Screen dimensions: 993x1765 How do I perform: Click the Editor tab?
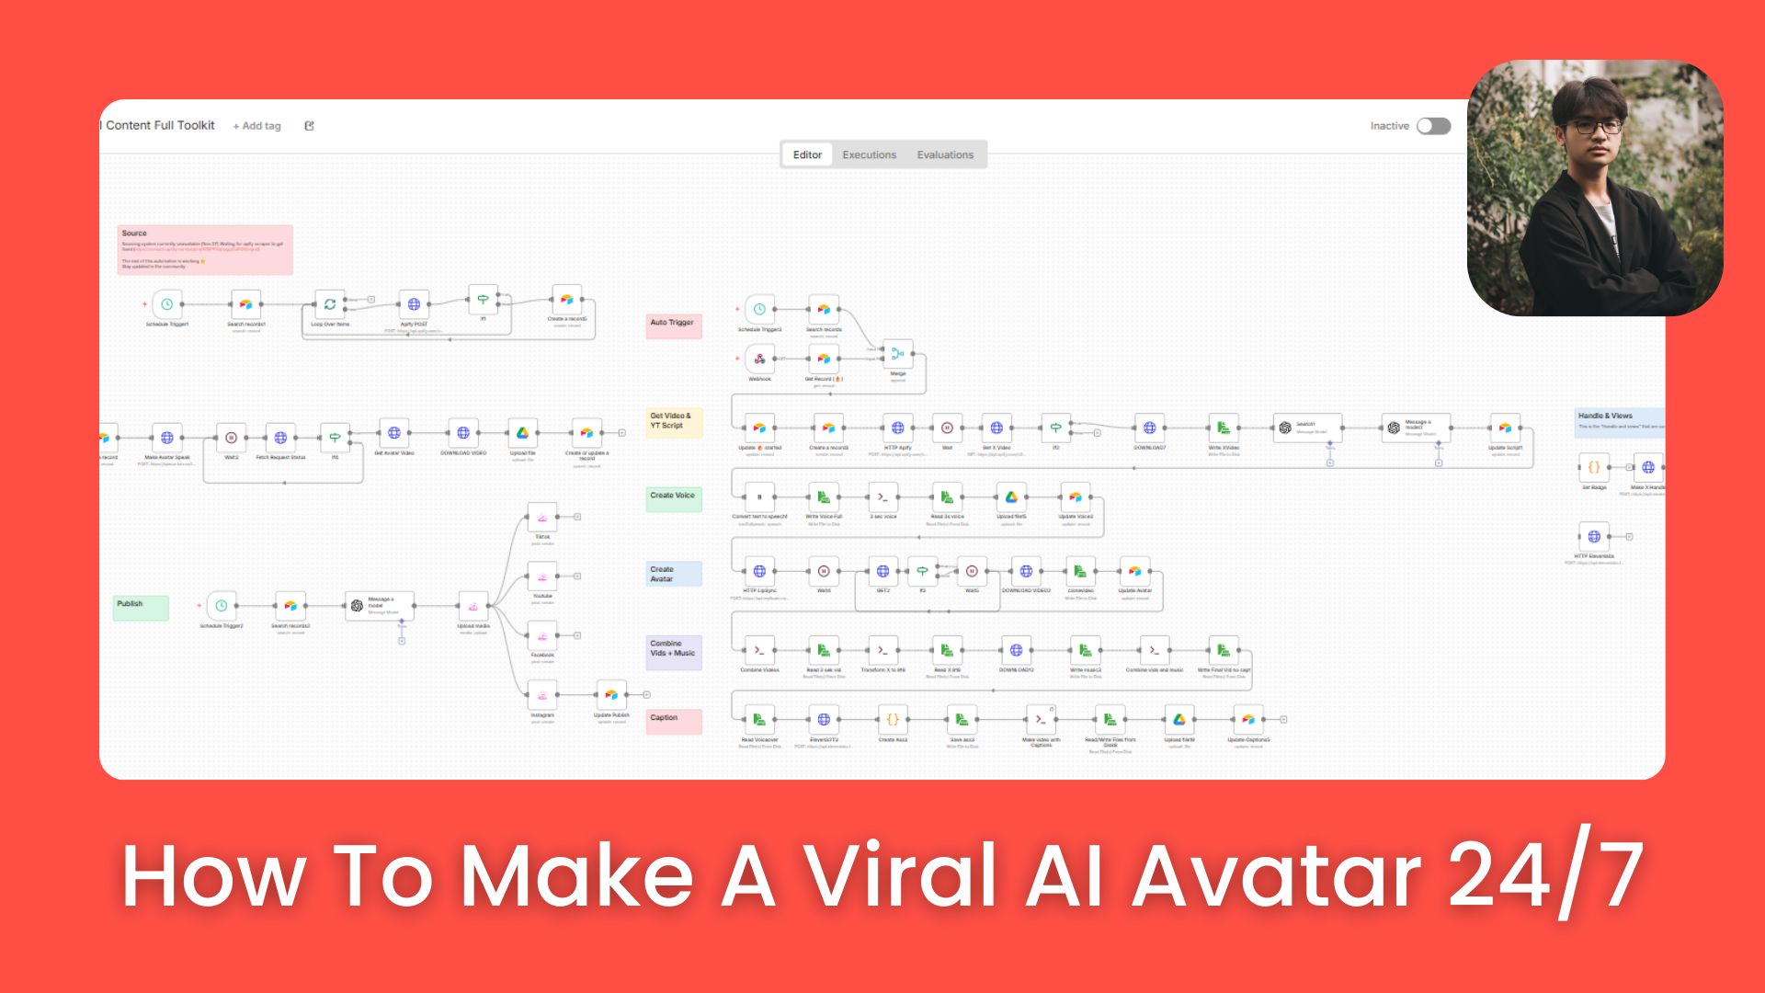tap(807, 154)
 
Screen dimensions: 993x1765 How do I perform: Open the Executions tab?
tap(869, 154)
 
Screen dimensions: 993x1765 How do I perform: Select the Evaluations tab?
tap(945, 154)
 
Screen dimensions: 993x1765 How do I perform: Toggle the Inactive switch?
tap(1433, 126)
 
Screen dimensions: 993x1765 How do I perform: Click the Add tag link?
tap(257, 126)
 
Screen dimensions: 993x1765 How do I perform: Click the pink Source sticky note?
tap(205, 249)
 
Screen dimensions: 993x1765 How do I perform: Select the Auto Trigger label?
tap(673, 325)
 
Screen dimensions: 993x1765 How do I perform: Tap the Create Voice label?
tap(674, 498)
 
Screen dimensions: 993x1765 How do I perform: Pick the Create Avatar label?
tap(674, 574)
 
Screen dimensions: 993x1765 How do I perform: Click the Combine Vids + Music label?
tap(674, 651)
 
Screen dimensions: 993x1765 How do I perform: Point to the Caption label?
tap(674, 721)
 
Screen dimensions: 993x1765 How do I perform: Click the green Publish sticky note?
tap(141, 607)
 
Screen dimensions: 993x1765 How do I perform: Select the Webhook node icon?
tap(759, 359)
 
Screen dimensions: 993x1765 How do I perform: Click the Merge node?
tap(897, 354)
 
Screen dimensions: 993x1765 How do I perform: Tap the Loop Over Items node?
tap(329, 304)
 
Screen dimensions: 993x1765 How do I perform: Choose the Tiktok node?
tap(542, 517)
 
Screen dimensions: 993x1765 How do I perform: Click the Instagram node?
tap(542, 695)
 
